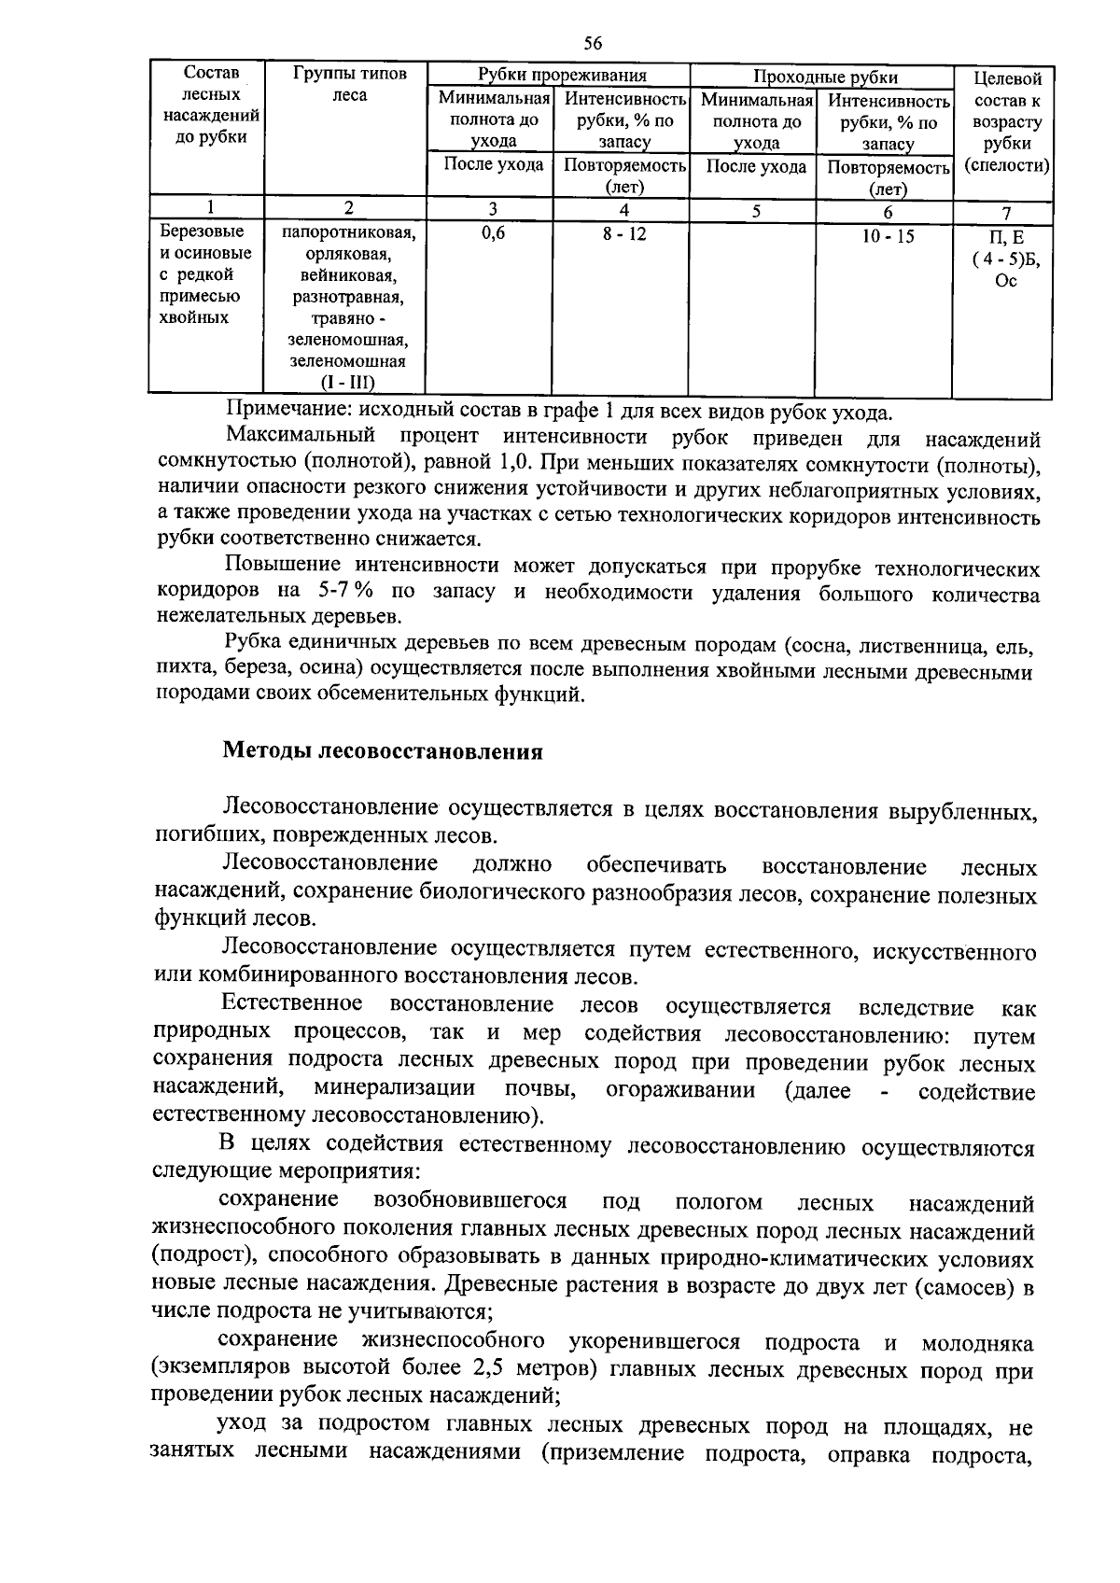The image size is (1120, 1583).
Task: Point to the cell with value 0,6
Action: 493,234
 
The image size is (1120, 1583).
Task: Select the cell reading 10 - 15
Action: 888,237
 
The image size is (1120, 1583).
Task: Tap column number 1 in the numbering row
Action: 209,207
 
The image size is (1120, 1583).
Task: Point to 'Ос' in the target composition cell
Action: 1006,282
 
